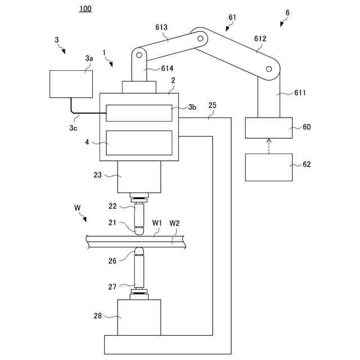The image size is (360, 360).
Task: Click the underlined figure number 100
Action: (x=85, y=9)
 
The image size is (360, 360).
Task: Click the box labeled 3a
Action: (x=71, y=84)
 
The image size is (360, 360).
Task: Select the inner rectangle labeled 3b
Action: (x=139, y=113)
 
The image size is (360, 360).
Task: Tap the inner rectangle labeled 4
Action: (x=139, y=142)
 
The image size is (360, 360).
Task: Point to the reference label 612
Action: (x=260, y=39)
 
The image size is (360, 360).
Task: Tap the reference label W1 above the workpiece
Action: (x=157, y=223)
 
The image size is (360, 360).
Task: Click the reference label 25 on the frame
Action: (x=212, y=105)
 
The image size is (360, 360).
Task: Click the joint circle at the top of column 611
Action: (x=269, y=69)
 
